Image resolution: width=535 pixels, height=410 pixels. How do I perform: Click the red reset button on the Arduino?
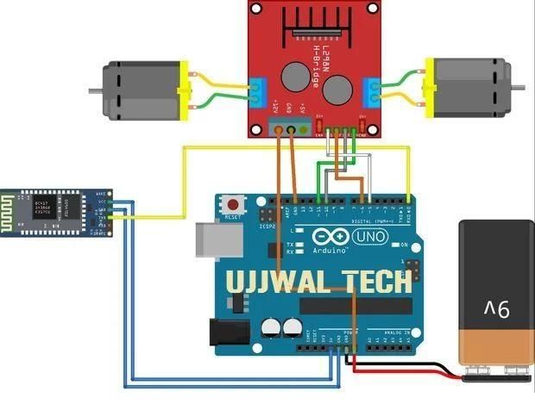231,205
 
